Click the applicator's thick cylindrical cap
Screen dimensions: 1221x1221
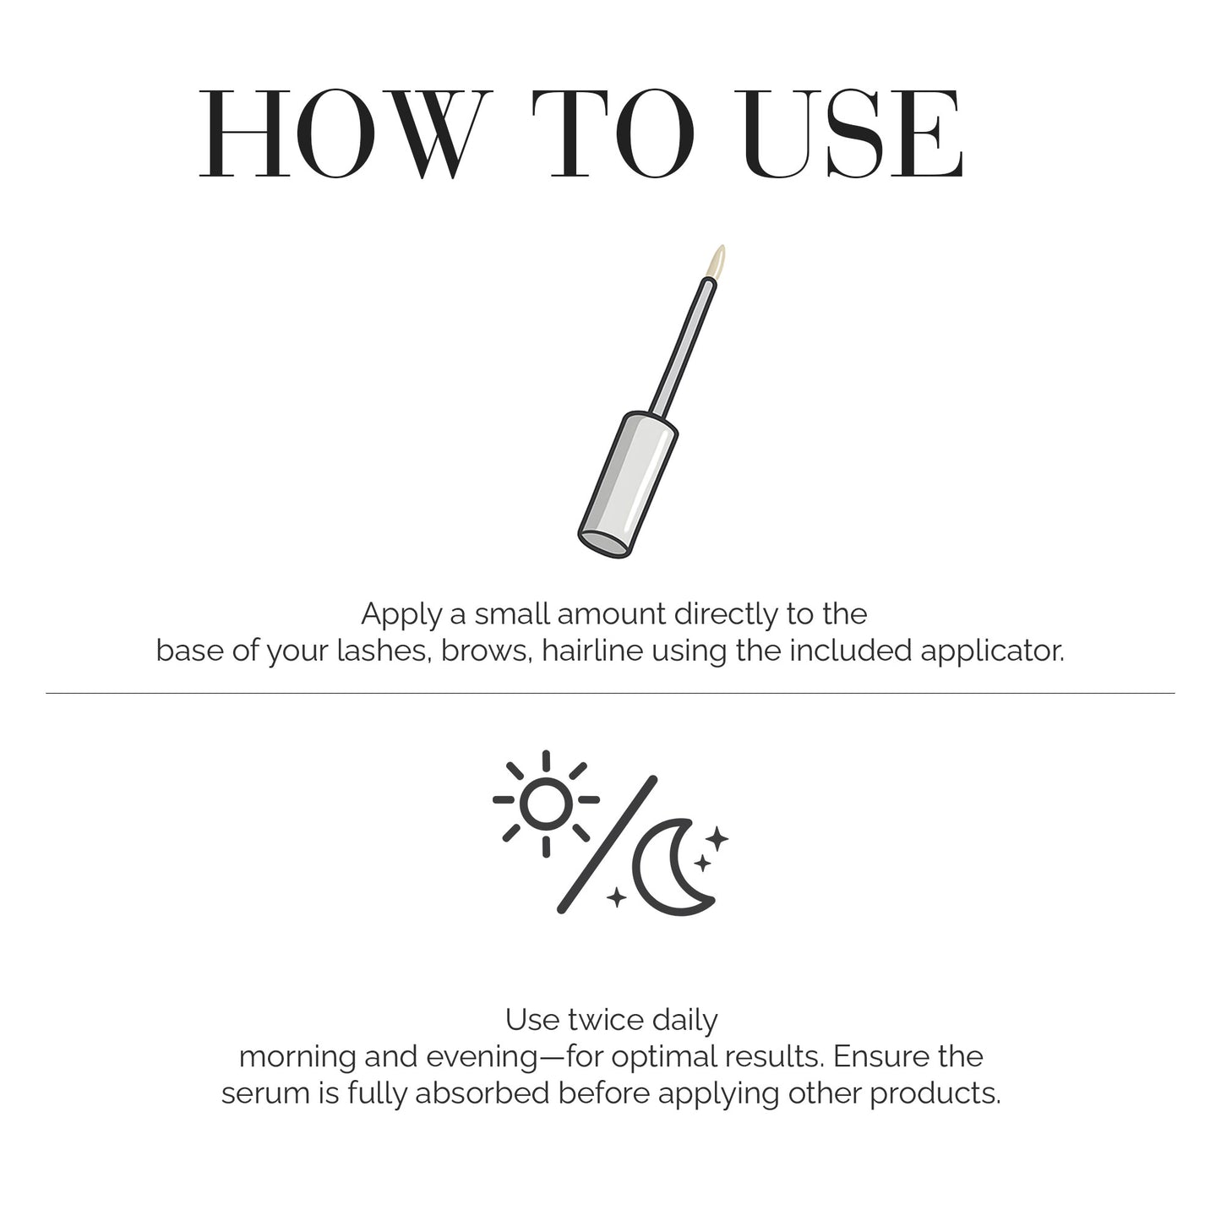[x=628, y=485]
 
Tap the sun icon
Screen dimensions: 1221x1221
[x=546, y=804]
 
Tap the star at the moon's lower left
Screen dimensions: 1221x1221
[x=617, y=897]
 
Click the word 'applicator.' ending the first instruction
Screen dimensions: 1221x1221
[x=992, y=652]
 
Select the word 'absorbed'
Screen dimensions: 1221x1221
[x=482, y=1093]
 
